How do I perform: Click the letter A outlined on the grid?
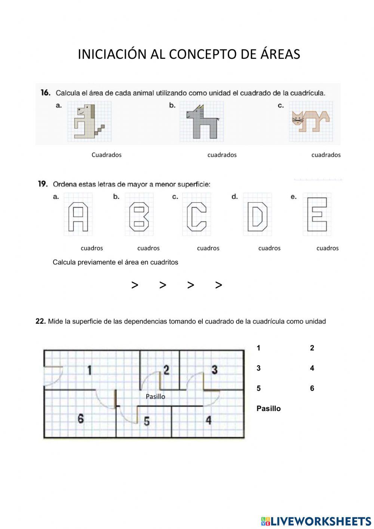point(78,217)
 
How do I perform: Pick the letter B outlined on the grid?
point(139,217)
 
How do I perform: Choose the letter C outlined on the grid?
point(196,217)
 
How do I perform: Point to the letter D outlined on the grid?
point(257,217)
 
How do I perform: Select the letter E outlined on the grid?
point(317,215)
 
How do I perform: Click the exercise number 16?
point(45,92)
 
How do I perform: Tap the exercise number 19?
point(43,184)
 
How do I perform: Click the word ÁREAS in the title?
point(280,54)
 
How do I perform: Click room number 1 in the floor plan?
point(89,370)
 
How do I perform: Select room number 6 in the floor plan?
point(80,418)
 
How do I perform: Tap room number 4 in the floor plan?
point(208,420)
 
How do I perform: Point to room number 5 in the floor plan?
point(147,421)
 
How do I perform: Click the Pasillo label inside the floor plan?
point(155,396)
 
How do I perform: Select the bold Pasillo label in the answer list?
point(268,408)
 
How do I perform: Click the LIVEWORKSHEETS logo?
point(316,521)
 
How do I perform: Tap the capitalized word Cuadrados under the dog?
point(106,155)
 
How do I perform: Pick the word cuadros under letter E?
point(327,248)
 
